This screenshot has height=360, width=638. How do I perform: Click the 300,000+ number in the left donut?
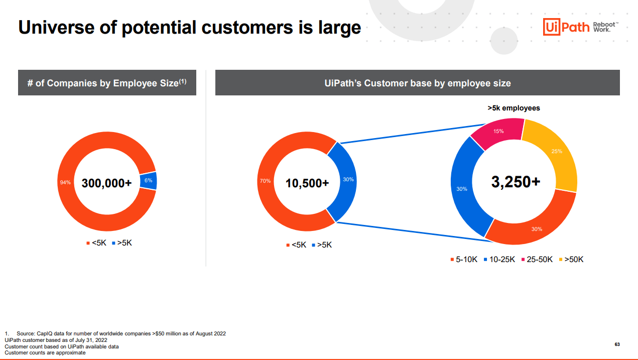(x=106, y=183)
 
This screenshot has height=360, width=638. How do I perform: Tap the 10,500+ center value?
(x=307, y=183)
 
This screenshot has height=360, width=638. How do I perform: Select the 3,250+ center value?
(x=516, y=182)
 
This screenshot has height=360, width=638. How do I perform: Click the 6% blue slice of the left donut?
(x=149, y=180)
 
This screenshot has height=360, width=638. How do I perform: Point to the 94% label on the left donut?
(x=65, y=182)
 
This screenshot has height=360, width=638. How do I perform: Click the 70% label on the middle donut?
(x=265, y=181)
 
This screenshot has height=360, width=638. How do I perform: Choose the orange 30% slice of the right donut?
(x=535, y=228)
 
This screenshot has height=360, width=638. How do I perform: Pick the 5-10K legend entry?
(x=463, y=260)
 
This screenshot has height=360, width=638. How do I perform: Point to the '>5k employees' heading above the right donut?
(x=514, y=108)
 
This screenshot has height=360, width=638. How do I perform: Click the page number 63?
(x=617, y=344)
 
